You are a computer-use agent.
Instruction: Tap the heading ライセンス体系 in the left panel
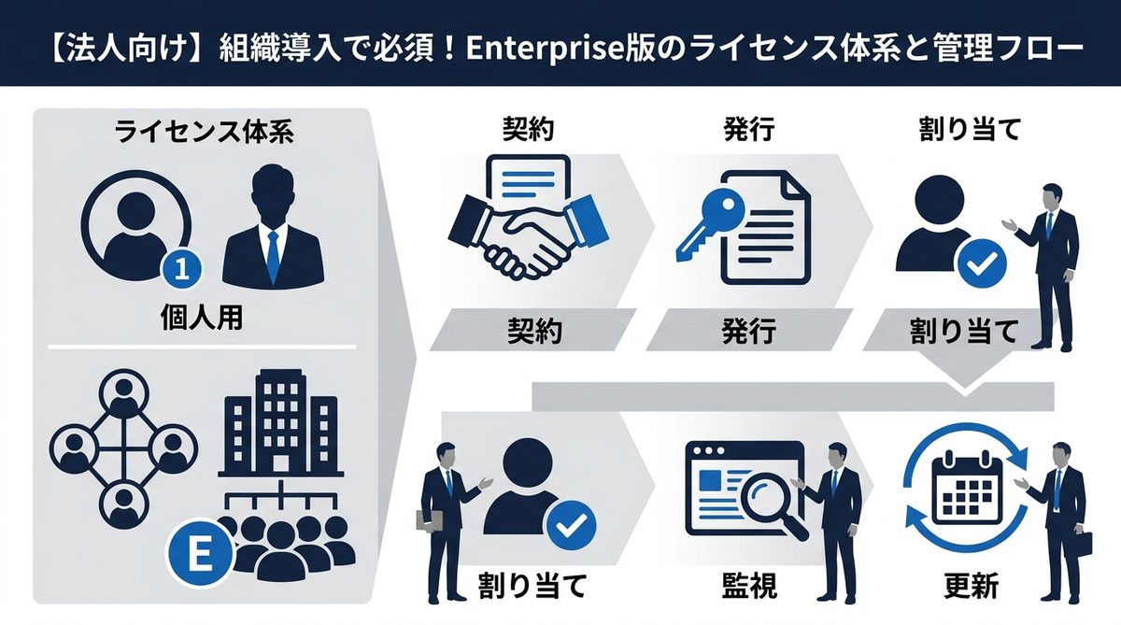pyautogui.click(x=204, y=132)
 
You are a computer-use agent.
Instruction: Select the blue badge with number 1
pyautogui.click(x=183, y=269)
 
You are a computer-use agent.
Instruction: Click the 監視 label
pyautogui.click(x=749, y=586)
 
